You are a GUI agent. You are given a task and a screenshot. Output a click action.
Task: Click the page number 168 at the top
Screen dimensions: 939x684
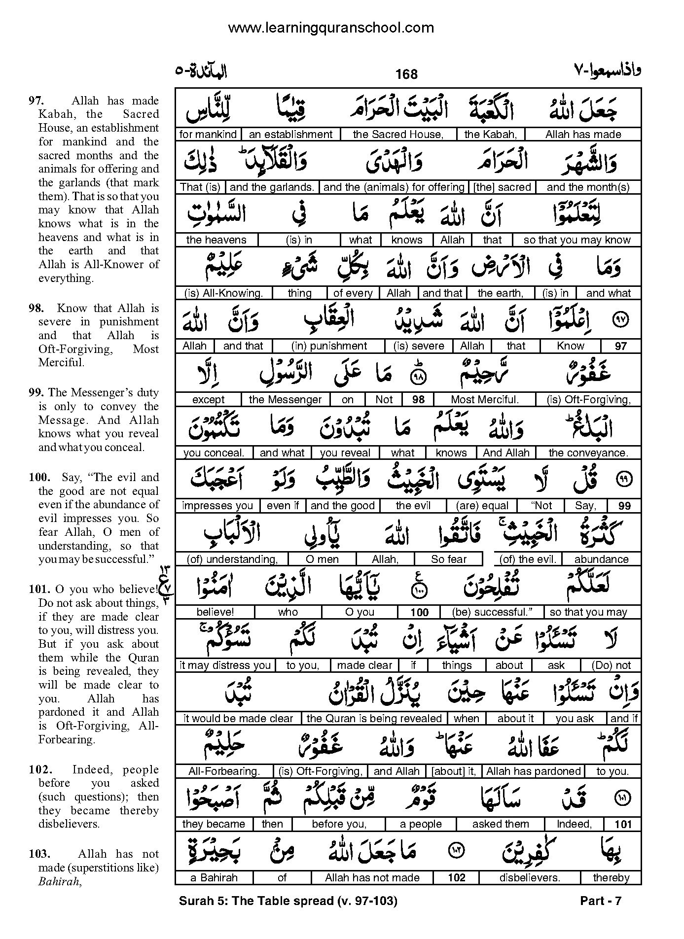pos(406,74)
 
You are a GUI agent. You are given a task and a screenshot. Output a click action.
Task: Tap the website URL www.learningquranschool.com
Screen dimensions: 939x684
pos(331,28)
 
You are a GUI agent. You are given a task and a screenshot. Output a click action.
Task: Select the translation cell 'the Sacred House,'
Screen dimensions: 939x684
pos(398,134)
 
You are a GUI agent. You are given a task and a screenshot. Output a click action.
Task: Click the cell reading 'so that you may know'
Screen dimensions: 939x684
pos(577,240)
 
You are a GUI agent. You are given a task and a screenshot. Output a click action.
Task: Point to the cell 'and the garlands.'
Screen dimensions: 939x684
pos(272,187)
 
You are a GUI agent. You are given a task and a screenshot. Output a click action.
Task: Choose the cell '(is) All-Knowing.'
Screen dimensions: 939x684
pos(223,293)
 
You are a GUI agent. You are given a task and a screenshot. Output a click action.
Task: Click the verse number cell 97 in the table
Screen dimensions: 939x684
pos(620,346)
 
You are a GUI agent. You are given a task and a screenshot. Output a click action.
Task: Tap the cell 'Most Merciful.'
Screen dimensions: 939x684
pos(484,399)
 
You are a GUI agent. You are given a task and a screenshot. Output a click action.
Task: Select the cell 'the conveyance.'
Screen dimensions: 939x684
pos(588,452)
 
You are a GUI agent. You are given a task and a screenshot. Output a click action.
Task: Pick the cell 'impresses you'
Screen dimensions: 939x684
pos(217,506)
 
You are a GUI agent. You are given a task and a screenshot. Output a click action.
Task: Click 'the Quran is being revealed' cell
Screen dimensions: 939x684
pos(374,719)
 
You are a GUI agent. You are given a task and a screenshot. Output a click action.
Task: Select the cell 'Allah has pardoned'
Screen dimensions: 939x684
pos(533,771)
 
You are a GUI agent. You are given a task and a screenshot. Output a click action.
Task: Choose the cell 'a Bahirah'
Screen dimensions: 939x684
pos(214,878)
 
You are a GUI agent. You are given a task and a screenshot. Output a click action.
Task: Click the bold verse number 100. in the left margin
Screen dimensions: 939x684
pos(39,477)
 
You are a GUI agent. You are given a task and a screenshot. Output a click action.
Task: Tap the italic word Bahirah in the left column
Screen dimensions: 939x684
pos(59,882)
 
